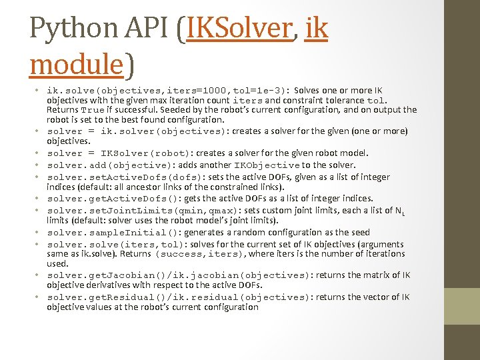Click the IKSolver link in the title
click(241, 28)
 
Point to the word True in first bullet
click(92, 109)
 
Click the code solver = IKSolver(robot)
click(123, 153)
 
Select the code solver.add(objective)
click(112, 165)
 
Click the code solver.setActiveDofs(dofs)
click(119, 177)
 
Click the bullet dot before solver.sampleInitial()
click(39, 232)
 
